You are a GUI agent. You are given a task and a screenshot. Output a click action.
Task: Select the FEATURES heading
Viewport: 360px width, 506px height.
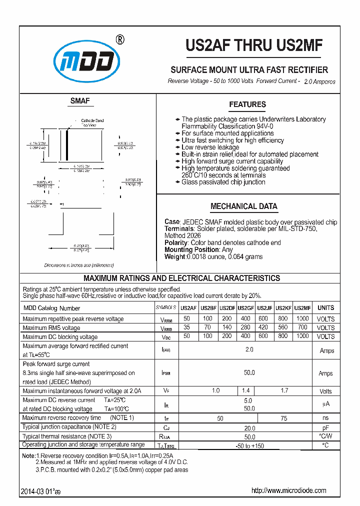(247, 104)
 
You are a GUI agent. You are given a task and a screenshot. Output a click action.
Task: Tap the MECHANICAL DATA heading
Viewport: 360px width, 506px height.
(243, 206)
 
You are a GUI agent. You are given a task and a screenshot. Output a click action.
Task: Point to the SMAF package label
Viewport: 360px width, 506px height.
(80, 101)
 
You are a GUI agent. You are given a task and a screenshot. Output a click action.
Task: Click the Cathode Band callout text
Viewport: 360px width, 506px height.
(92, 121)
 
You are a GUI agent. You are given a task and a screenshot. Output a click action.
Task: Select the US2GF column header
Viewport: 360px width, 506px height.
(245, 308)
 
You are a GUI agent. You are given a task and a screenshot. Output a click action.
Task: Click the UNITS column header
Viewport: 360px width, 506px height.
(326, 308)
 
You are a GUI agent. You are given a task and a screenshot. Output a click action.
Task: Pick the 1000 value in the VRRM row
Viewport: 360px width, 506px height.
(302, 318)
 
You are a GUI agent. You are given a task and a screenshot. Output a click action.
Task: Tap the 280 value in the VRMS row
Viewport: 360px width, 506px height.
(245, 327)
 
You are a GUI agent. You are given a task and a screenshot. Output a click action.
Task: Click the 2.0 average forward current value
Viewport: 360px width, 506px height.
(249, 350)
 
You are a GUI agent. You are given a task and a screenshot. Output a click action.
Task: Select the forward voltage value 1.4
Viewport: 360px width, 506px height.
(245, 390)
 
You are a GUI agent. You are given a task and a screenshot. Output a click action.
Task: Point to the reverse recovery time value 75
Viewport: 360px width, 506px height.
(284, 418)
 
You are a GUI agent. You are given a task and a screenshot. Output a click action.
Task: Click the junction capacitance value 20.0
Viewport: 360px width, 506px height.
(249, 427)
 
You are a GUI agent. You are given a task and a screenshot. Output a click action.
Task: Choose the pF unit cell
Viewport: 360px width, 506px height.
(326, 427)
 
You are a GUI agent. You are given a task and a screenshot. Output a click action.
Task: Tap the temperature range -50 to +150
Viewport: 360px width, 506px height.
(249, 445)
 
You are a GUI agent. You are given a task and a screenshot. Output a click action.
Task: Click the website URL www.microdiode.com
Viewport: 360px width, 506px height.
(288, 490)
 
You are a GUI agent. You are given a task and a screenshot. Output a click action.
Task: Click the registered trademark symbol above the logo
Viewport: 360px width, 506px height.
(119, 39)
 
